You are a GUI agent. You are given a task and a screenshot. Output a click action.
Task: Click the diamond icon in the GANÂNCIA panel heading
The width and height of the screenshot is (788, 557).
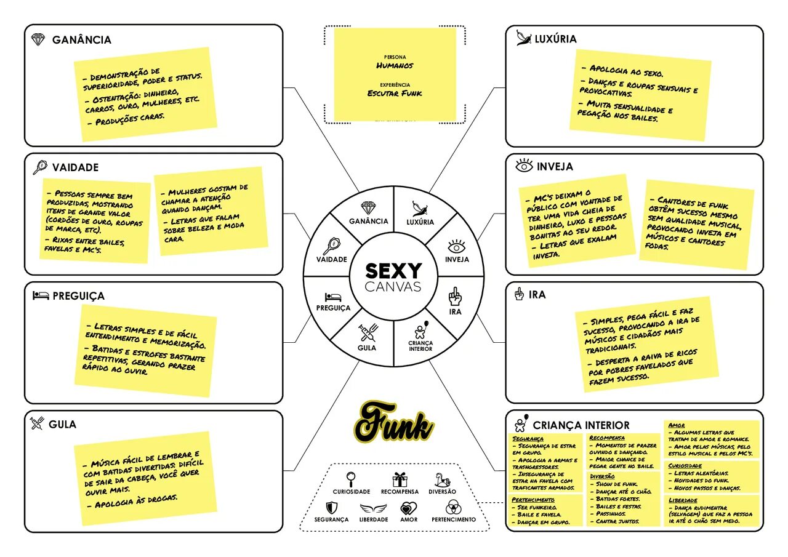tap(38, 40)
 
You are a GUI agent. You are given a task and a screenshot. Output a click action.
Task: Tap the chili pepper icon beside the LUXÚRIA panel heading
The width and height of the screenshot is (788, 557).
tap(524, 39)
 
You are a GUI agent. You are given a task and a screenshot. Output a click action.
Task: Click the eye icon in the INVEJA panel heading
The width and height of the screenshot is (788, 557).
tap(524, 166)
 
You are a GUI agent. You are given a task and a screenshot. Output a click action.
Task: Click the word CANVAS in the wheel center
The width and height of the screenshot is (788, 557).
tap(393, 287)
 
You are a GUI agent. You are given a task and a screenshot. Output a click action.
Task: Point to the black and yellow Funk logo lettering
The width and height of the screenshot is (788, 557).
tap(393, 422)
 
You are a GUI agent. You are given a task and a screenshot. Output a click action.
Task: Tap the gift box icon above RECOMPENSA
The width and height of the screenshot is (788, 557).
tap(400, 479)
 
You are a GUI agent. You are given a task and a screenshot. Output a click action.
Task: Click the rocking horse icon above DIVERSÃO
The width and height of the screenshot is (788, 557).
tap(443, 479)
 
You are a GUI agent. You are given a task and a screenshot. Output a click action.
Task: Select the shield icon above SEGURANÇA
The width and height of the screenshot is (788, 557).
tap(331, 508)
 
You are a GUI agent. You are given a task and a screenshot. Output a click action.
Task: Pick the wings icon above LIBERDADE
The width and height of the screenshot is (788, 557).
tap(373, 508)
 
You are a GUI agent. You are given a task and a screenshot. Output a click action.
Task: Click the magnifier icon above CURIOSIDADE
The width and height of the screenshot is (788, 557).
tap(351, 478)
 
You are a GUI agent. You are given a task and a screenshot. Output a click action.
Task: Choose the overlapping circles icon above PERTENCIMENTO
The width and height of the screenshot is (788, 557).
tap(453, 508)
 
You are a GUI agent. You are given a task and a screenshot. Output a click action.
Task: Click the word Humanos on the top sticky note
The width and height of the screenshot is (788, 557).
tap(395, 65)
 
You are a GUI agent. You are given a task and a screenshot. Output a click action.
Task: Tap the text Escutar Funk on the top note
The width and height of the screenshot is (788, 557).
tap(395, 93)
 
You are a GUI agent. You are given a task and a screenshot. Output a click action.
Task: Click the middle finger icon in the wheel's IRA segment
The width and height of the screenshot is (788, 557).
tap(454, 297)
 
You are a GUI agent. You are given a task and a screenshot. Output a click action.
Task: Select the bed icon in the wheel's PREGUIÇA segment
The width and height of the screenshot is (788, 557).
tap(333, 297)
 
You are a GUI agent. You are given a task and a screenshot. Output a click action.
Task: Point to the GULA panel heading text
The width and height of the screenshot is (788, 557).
tap(62, 425)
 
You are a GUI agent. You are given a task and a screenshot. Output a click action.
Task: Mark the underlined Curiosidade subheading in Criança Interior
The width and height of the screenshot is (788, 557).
tap(685, 466)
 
